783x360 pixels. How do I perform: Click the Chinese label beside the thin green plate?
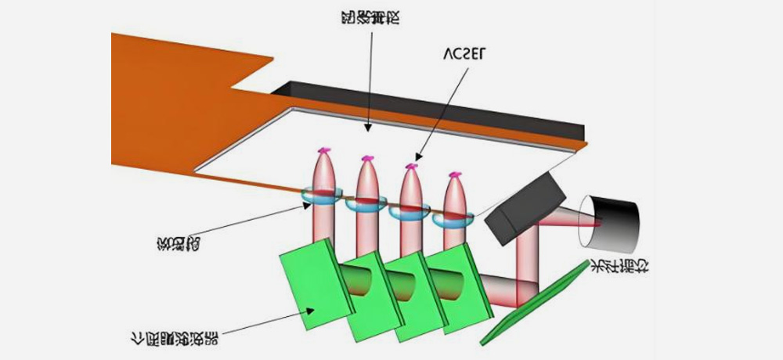pos(619,266)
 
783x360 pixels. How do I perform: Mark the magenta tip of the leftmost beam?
pos(323,150)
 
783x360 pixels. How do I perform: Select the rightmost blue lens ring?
pos(454,220)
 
